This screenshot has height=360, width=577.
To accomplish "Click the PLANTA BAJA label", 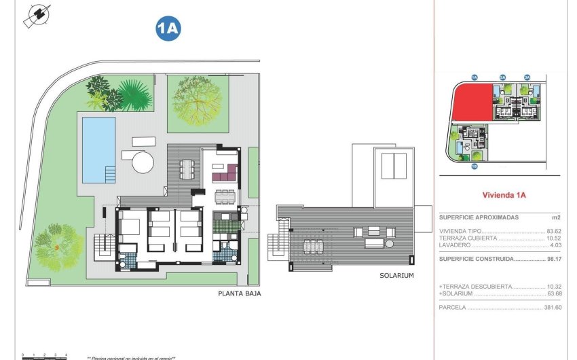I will (239, 294).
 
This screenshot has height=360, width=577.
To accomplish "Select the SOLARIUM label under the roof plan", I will (397, 276).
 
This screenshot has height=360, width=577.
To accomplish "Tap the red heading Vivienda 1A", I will (504, 195).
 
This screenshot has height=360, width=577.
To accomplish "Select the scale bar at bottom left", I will (44, 355).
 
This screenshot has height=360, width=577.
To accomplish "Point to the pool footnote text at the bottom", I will (131, 358).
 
